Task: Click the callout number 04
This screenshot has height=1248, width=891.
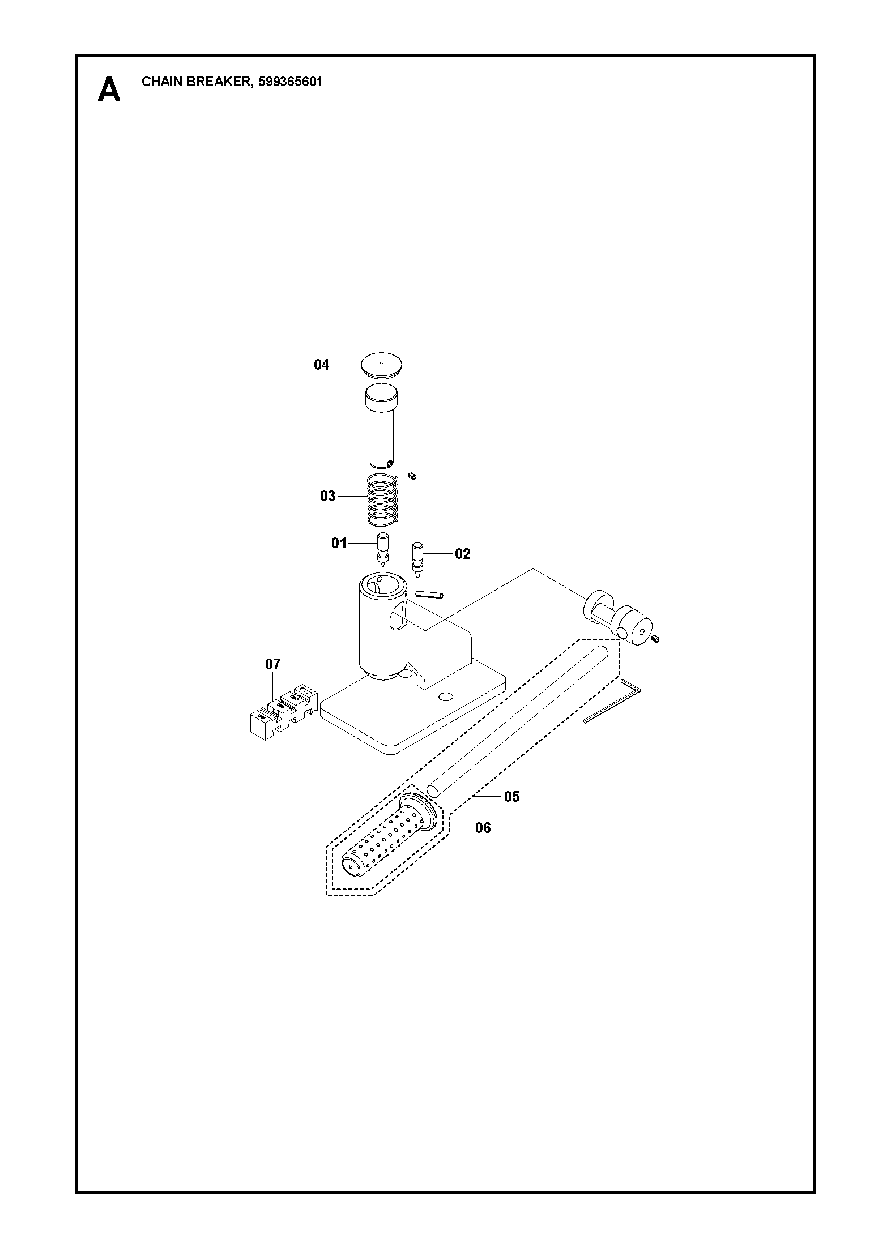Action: (321, 365)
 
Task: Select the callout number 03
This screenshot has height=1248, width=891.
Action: (328, 497)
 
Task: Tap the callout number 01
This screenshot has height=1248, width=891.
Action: (339, 544)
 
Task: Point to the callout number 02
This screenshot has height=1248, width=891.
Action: (463, 554)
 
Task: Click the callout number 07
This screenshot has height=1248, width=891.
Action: (273, 664)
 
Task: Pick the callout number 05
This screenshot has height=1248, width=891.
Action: (511, 797)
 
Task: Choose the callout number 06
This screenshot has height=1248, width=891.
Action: (483, 828)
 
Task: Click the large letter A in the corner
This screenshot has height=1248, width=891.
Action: (109, 90)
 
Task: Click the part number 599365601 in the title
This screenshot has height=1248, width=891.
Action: (290, 82)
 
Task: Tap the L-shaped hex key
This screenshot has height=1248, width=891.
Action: (612, 700)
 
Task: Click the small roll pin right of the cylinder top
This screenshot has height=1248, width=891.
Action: (429, 594)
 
